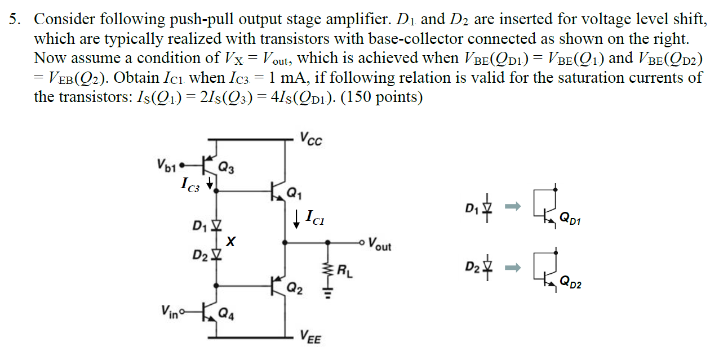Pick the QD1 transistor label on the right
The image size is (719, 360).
(570, 220)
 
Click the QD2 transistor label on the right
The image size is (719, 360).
(570, 283)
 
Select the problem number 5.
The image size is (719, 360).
(14, 20)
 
